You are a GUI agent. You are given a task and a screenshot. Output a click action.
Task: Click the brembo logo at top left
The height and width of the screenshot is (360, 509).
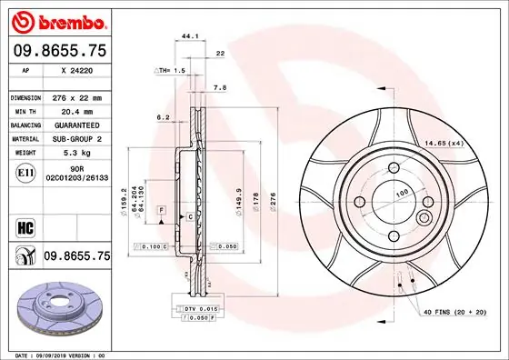coord(57,20)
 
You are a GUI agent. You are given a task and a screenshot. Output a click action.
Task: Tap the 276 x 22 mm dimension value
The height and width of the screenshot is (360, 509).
coord(81,97)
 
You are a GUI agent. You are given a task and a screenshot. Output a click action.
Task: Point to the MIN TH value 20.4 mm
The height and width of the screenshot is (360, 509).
coord(79,111)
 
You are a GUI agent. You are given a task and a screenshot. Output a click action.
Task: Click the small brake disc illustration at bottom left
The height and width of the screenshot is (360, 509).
coord(56,310)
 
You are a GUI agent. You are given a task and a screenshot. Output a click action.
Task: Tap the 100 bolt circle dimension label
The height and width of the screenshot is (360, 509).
coord(399,194)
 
